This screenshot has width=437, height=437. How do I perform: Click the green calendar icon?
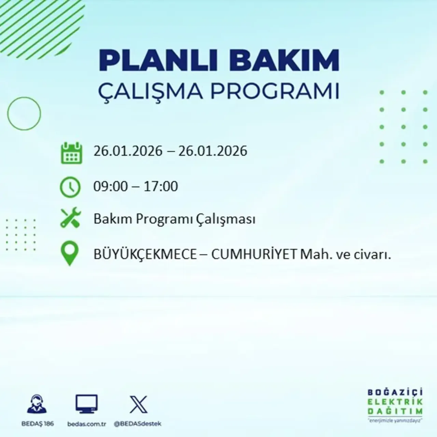(x=71, y=153)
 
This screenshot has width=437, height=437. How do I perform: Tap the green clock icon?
(x=70, y=187)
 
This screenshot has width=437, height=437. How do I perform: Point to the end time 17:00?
(x=161, y=186)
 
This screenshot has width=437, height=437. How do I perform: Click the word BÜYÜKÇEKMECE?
(x=145, y=255)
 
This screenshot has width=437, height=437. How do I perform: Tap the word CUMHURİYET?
(x=254, y=255)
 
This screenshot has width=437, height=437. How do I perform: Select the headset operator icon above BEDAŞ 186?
(x=37, y=404)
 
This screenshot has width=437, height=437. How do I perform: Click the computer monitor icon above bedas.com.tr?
(x=86, y=404)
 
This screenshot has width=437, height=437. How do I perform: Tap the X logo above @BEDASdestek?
(x=138, y=405)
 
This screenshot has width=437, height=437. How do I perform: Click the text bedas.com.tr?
(x=87, y=424)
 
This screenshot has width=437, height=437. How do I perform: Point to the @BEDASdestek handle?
(x=137, y=424)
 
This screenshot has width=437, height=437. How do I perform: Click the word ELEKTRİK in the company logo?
(x=395, y=402)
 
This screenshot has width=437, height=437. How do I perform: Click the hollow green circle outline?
(x=24, y=113)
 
